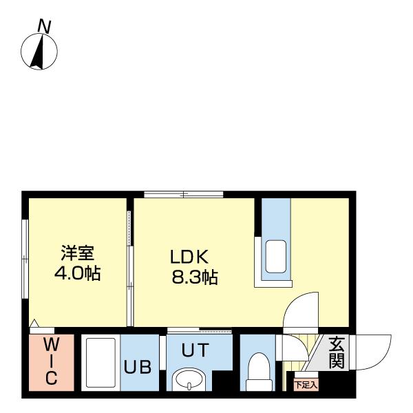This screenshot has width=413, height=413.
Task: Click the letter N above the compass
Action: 44,27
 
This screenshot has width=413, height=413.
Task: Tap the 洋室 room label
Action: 77,253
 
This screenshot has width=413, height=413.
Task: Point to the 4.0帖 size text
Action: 77,273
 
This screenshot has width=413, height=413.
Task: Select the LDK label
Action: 189,257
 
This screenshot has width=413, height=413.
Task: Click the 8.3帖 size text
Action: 195,277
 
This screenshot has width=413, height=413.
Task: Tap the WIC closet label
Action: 51,362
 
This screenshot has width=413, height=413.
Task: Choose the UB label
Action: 138,367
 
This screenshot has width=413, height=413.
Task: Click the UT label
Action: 195,350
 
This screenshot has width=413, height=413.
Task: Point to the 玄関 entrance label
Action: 337,353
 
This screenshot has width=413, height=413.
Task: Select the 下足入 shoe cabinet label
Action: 306,385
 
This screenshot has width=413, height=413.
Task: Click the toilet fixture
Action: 260,372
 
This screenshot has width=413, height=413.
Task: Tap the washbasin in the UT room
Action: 189,380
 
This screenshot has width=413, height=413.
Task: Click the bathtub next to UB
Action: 100,363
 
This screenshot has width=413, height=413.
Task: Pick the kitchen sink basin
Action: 276,257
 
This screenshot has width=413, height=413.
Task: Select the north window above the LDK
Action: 184,195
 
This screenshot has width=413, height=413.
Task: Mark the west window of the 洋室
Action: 25,259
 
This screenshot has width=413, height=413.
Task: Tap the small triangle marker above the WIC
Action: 34,324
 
